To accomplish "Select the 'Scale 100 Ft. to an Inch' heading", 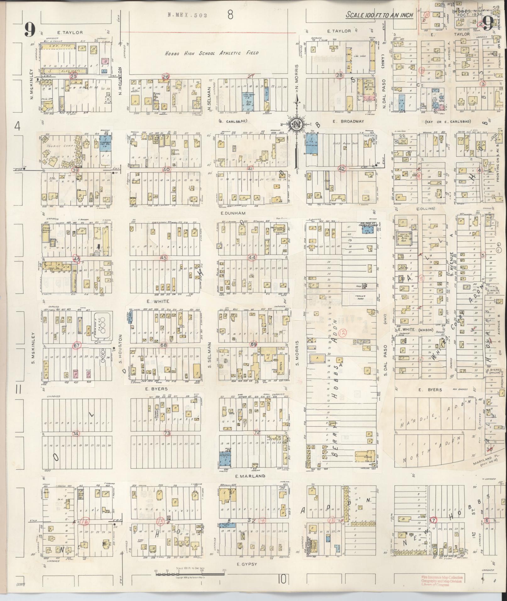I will [x=379, y=15].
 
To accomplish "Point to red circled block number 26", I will [x=165, y=77].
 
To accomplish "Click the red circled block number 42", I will [x=342, y=169].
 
